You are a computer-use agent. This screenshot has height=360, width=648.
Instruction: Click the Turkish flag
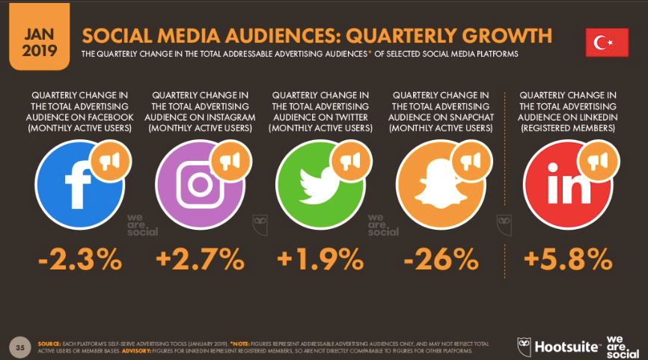click(x=607, y=43)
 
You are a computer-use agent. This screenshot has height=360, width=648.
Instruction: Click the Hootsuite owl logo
click(x=526, y=346)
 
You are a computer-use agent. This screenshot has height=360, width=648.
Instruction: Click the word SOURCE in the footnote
click(x=50, y=341)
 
